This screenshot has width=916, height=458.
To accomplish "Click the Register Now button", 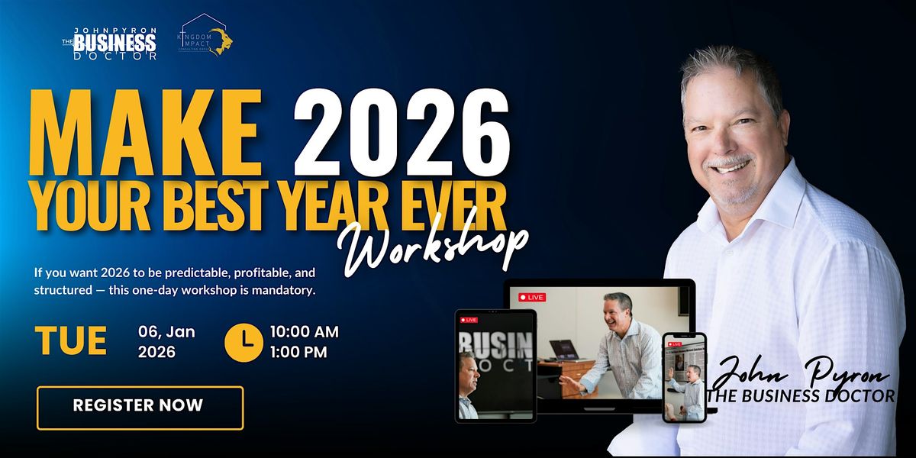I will coord(140,408).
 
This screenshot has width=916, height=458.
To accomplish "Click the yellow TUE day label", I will coord(71,341).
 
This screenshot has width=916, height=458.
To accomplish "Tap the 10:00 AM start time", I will coord(305,332).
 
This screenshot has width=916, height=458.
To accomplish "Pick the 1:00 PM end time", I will coord(298,352).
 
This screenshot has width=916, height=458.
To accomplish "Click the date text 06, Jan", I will coord(166,332).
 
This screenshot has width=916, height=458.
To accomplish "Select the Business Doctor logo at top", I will coord(111,43).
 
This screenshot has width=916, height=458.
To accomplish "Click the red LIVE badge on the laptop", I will coord(532,296).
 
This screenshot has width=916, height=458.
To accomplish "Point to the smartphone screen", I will coord(684,376).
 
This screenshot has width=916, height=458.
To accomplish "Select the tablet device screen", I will coord(495,366).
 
